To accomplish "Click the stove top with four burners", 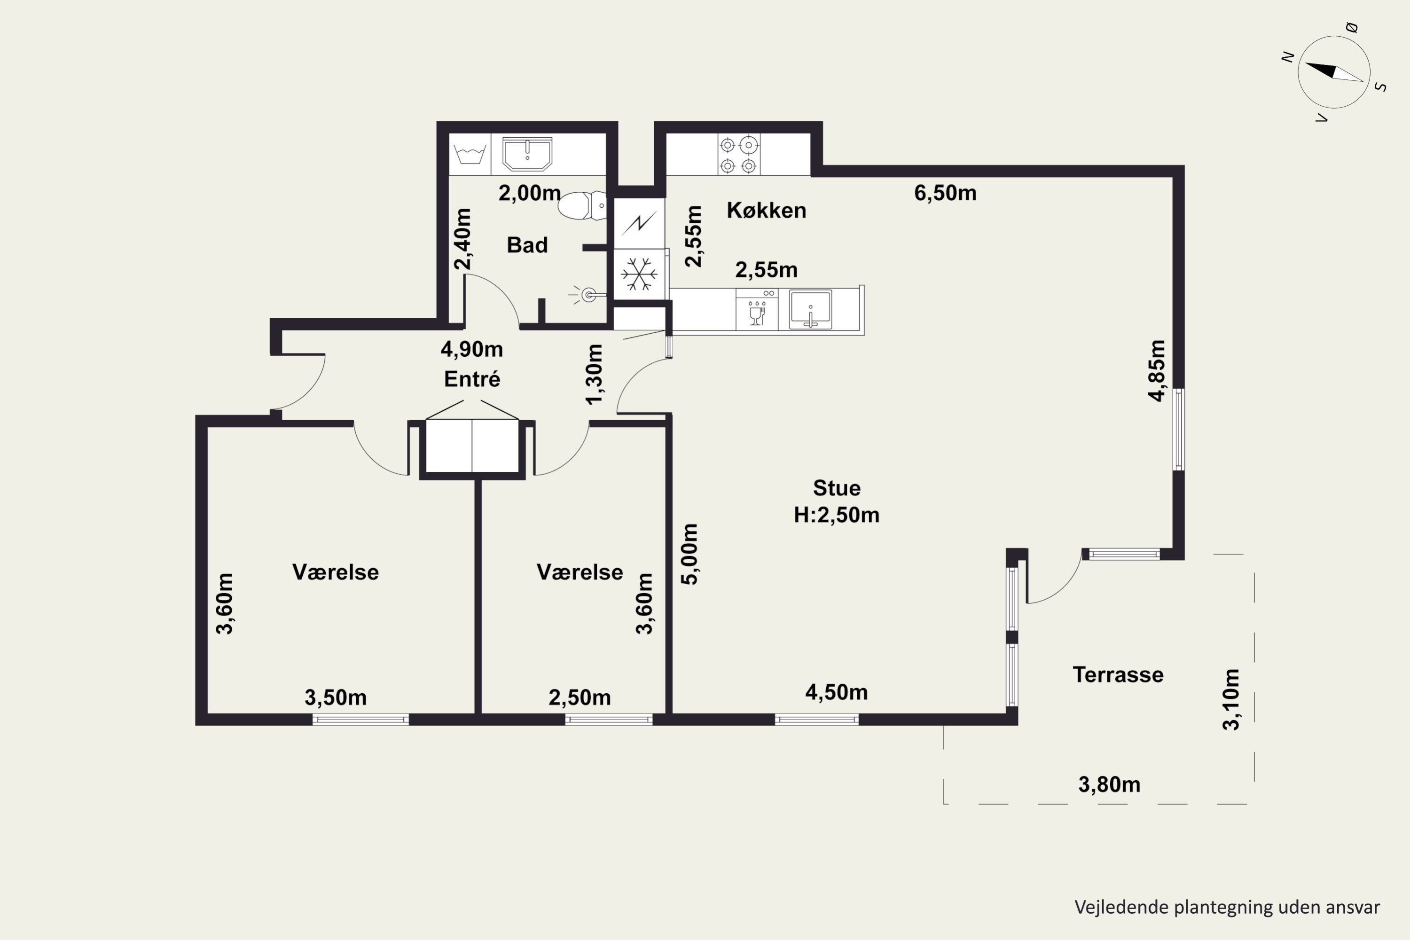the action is [738, 155].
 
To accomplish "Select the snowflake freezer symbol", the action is [639, 274].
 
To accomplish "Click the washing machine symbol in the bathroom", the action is [470, 154].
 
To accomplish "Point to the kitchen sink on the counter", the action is [810, 309].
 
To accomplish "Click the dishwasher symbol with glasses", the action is [757, 309].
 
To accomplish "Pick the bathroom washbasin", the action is [527, 154].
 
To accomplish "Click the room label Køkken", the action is [766, 211].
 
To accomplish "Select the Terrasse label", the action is [1118, 675].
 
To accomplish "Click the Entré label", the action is [472, 379].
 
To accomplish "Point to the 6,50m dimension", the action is [945, 193].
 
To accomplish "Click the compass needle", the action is [1334, 72].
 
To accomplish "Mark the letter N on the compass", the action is [1287, 57].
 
